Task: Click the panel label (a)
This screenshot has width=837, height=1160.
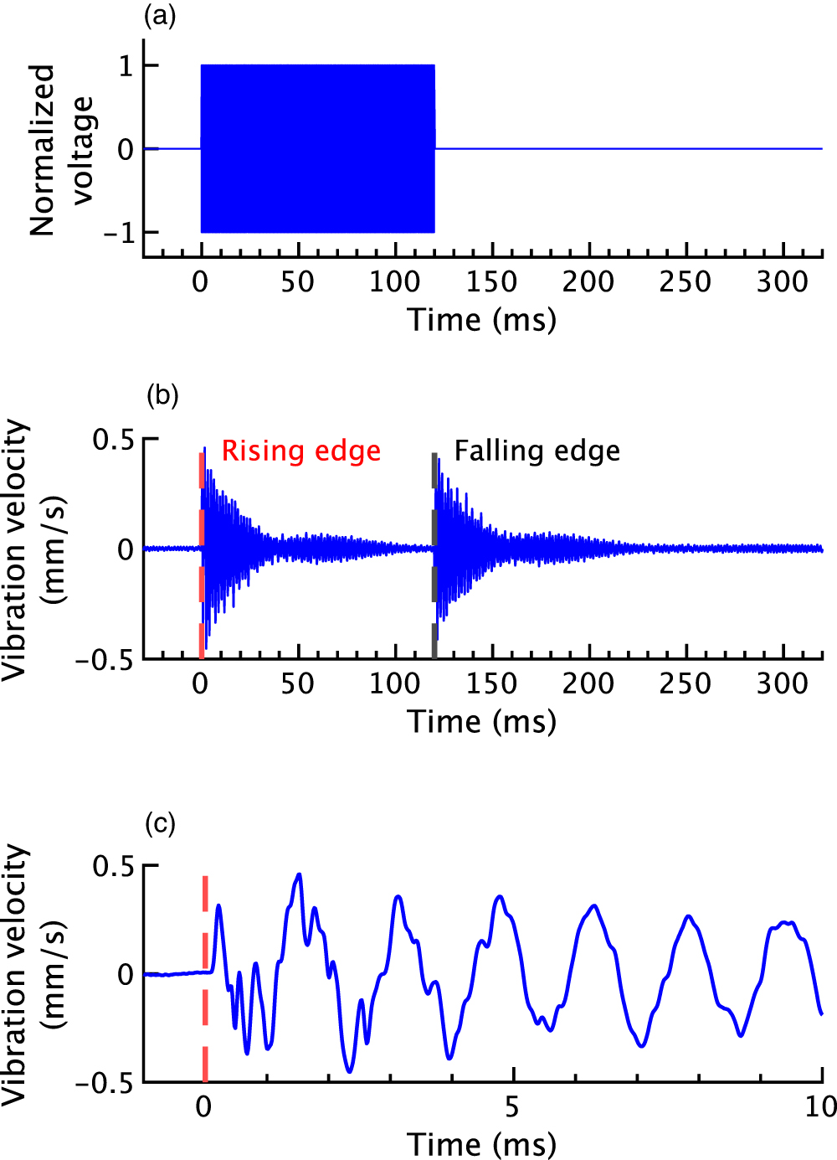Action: pos(161,17)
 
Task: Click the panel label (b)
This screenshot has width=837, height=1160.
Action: pos(162,394)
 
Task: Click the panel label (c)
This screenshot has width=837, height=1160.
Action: pos(161,824)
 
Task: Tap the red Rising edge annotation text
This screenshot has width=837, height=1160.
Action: pos(300,451)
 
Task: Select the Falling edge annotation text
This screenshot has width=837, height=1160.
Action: pos(537,451)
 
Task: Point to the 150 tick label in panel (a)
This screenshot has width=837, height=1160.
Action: pos(491,281)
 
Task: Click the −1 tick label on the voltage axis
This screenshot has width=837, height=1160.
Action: pos(118,233)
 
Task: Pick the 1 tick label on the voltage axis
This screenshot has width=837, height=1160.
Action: pos(126,66)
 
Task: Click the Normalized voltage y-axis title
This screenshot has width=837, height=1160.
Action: pos(60,150)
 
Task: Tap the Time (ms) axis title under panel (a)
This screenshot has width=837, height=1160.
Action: pos(482,320)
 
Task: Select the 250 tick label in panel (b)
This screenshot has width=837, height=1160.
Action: pos(686,683)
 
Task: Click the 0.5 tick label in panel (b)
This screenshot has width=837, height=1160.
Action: pos(114,440)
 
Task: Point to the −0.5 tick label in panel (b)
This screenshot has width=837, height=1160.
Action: pos(105,661)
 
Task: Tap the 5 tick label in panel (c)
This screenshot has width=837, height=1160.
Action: pos(512,1107)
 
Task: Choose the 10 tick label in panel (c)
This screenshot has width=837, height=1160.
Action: pos(820,1107)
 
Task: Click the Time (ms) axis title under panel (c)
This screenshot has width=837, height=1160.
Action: pos(482,1144)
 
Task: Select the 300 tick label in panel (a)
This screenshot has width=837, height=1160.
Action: pos(783,281)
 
